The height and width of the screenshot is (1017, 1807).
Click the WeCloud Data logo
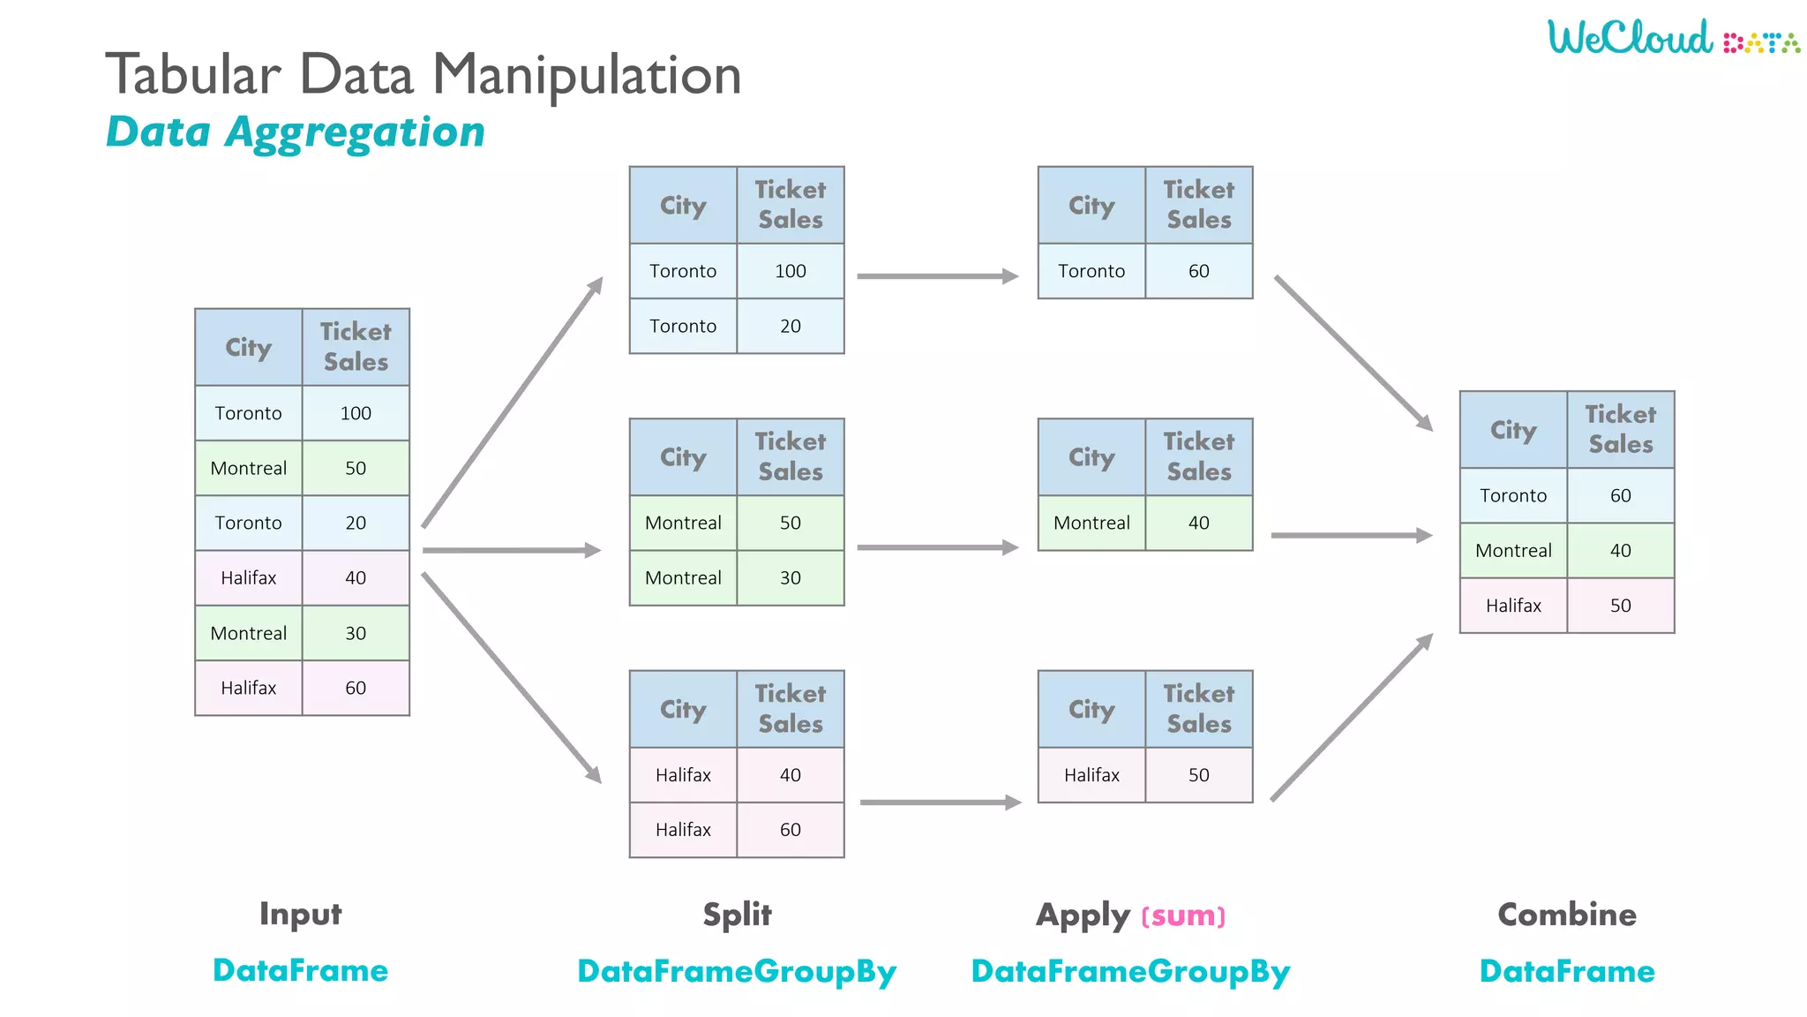[x=1672, y=38]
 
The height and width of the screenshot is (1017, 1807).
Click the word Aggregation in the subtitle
[x=355, y=132]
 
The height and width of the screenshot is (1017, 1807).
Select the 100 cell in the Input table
[x=356, y=413]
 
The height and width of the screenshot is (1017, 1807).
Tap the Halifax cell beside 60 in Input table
[x=248, y=688]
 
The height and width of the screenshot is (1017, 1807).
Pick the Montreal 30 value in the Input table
[x=356, y=633]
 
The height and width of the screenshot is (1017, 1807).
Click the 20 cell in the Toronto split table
[x=790, y=326]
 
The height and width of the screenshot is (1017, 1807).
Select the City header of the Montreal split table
[x=683, y=457]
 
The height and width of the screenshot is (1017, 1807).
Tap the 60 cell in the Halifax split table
[x=790, y=830]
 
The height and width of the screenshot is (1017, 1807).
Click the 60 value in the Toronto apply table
[x=1198, y=271]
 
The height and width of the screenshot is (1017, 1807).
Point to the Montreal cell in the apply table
[x=1091, y=523]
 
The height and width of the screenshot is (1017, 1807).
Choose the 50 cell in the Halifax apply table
[x=1198, y=775]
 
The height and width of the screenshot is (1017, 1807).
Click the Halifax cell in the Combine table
[x=1513, y=606]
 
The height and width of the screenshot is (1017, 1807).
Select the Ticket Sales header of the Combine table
[x=1620, y=429]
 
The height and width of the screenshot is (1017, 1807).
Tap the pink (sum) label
[x=1183, y=916]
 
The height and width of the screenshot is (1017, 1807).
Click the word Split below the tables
[x=737, y=915]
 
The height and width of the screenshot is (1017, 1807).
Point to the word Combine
[x=1566, y=915]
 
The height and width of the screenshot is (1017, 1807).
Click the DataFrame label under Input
[x=300, y=970]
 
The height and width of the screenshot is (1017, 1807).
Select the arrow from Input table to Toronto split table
[x=512, y=403]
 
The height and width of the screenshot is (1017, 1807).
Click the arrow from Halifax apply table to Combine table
[x=1351, y=717]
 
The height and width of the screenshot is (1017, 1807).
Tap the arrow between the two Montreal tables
[x=937, y=547]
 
